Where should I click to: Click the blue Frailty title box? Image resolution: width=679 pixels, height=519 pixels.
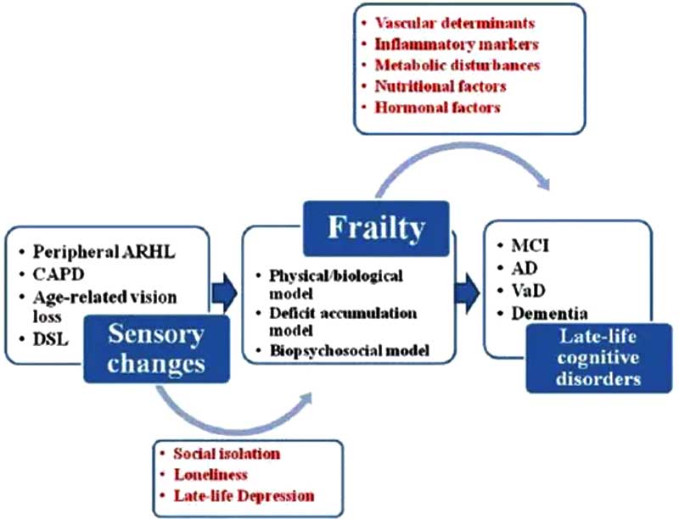pyautogui.click(x=376, y=228)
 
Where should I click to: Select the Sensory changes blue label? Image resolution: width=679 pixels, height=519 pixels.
pyautogui.click(x=156, y=349)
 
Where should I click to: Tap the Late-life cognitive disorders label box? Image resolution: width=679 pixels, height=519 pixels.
pyautogui.click(x=599, y=358)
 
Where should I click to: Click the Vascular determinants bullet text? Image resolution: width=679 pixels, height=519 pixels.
pyautogui.click(x=455, y=23)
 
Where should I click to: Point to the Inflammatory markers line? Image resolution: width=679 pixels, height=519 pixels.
pyautogui.click(x=457, y=44)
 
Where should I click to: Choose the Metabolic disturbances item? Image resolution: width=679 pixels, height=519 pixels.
pyautogui.click(x=457, y=65)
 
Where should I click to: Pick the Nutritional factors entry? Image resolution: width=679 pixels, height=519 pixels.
pyautogui.click(x=441, y=86)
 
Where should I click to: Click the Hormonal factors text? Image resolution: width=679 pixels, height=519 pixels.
pyautogui.click(x=437, y=107)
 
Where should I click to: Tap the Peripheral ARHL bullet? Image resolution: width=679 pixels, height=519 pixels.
pyautogui.click(x=104, y=252)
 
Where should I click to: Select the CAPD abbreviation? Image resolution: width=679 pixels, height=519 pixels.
pyautogui.click(x=59, y=274)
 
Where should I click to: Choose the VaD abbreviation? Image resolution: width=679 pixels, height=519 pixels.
pyautogui.click(x=528, y=291)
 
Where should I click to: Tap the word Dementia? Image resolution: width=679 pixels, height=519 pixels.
pyautogui.click(x=549, y=314)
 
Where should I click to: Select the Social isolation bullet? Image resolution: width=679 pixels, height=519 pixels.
pyautogui.click(x=227, y=454)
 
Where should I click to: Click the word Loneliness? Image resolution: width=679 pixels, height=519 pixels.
pyautogui.click(x=210, y=475)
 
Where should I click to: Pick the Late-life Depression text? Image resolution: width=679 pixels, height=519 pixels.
pyautogui.click(x=244, y=495)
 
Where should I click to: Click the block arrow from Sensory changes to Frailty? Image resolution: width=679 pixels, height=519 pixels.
pyautogui.click(x=224, y=293)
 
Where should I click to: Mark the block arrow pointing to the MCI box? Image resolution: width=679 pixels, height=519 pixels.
pyautogui.click(x=468, y=293)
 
